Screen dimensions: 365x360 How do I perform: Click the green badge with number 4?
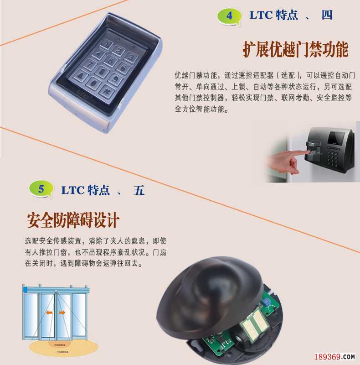(x=229, y=16)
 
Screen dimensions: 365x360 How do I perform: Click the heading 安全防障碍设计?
(x=73, y=220)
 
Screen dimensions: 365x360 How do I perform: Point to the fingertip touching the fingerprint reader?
(x=307, y=149)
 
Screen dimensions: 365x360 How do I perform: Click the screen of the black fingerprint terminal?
(x=337, y=138)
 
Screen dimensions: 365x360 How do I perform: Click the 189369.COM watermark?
(x=335, y=356)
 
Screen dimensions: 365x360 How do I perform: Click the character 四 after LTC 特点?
(x=327, y=15)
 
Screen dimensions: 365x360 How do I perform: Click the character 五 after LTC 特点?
(x=139, y=190)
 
